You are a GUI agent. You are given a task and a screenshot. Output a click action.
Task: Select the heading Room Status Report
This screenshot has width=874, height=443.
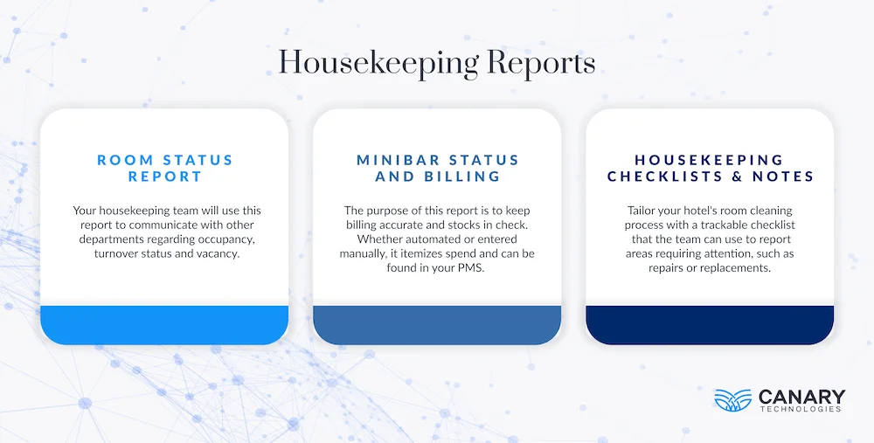165,168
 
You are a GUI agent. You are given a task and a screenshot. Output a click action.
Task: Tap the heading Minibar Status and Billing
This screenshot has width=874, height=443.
437,168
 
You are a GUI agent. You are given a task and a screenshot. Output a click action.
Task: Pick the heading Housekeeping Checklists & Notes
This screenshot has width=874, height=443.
710,168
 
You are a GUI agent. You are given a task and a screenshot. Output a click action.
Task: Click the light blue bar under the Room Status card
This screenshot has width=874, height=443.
164,324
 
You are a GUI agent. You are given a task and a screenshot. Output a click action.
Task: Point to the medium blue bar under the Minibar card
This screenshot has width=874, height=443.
437,324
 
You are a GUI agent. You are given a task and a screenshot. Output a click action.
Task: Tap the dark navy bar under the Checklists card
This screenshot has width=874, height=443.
710,324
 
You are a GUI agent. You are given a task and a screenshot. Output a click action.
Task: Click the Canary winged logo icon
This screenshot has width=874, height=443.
732,399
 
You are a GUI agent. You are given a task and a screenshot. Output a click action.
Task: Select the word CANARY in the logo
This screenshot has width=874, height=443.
802,396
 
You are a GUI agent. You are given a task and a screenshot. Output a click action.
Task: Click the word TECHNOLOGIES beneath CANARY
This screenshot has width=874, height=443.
802,409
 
